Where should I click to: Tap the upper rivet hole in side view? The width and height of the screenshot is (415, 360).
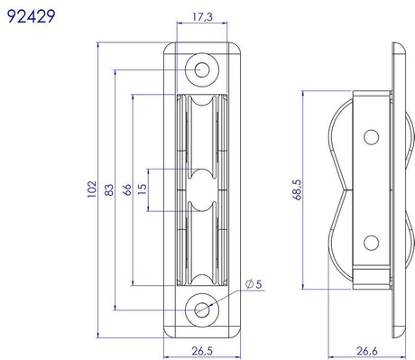point(370,137)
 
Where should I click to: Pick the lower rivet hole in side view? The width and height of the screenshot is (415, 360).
point(370,242)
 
